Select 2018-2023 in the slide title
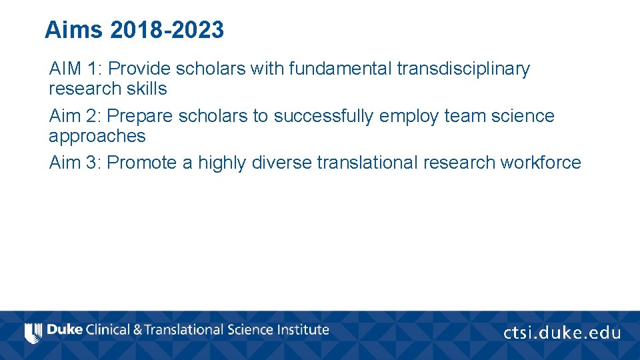[x=167, y=30]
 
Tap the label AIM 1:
[x=75, y=69]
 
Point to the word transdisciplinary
[x=463, y=69]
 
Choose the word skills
[x=147, y=89]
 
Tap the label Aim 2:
[x=75, y=116]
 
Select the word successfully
[x=324, y=116]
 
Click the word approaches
[x=97, y=136]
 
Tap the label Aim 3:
[x=75, y=163]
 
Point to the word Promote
[x=142, y=163]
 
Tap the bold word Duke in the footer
[x=65, y=330]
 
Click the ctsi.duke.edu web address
[x=561, y=333]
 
